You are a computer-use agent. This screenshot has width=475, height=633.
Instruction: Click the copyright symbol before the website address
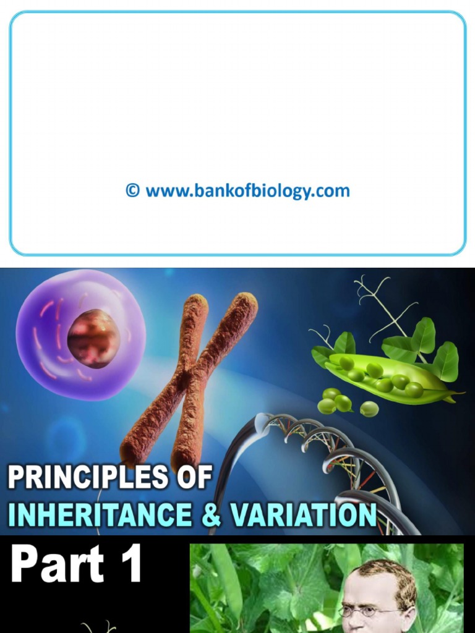pos(133,190)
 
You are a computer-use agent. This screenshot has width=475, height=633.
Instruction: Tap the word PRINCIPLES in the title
pos(87,477)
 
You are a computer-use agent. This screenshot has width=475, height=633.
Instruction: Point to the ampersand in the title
pos(211,515)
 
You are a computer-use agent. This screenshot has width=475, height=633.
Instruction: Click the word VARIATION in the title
pos(303,515)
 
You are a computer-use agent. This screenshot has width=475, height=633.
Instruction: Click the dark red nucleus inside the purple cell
pos(93,338)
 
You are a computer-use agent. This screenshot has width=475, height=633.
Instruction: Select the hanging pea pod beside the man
pos(226,581)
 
